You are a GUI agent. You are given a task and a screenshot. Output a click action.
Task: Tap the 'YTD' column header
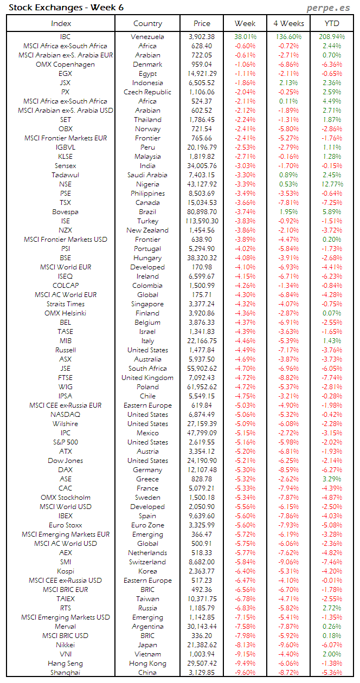pos(332,23)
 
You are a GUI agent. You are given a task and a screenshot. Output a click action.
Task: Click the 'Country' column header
pos(147,23)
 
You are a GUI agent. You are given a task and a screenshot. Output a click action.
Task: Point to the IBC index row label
pos(65,37)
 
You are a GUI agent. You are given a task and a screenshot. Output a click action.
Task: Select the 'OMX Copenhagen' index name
pos(65,65)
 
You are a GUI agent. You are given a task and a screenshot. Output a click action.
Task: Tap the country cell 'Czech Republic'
pos(147,92)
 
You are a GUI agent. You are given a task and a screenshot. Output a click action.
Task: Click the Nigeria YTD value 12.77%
pos(331,184)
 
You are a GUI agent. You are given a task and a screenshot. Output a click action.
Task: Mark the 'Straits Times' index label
pos(65,304)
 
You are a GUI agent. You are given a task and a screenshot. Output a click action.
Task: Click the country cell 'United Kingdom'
pos(147,378)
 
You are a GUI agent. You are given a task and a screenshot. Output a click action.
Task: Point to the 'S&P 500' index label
pos(65,442)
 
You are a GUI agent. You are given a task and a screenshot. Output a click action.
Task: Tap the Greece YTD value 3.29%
pos(332,479)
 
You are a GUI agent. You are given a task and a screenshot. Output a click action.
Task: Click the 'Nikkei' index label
pos(65,645)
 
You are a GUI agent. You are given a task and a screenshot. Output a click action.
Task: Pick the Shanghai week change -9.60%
pos(246,673)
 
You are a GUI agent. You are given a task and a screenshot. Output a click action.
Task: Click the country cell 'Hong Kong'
pos(147,663)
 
